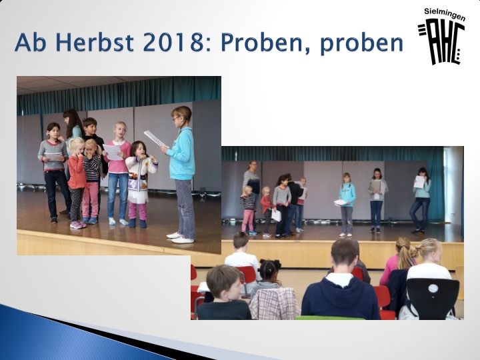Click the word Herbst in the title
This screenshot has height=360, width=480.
pyautogui.click(x=95, y=42)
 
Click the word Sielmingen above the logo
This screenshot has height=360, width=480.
pyautogui.click(x=445, y=15)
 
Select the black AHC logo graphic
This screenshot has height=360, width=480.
pyautogui.click(x=441, y=41)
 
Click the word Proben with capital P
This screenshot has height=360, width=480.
pyautogui.click(x=261, y=42)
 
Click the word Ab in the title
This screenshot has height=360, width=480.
pyautogui.click(x=30, y=42)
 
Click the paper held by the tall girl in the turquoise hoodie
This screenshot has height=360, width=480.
pyautogui.click(x=155, y=139)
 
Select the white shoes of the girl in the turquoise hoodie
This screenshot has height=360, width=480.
pyautogui.click(x=181, y=238)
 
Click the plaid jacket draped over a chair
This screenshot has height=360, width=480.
pyautogui.click(x=274, y=303)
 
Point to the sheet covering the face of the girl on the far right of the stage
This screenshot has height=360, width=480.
pyautogui.click(x=419, y=182)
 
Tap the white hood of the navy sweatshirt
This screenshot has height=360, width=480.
pyautogui.click(x=339, y=279)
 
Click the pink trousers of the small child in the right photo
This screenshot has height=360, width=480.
pyautogui.click(x=247, y=221)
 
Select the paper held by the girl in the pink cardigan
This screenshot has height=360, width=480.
pyautogui.click(x=113, y=152)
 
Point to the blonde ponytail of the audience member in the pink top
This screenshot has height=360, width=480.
pyautogui.click(x=405, y=253)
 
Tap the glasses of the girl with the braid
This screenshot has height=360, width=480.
pyautogui.click(x=176, y=118)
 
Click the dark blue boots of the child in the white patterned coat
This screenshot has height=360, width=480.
pyautogui.click(x=137, y=223)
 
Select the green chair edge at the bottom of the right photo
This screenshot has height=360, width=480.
pyautogui.click(x=330, y=318)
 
